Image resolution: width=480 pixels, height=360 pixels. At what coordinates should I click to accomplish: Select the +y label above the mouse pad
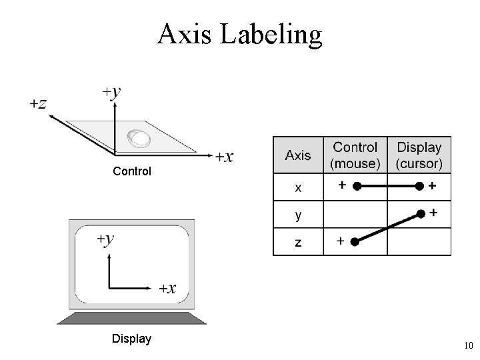(111, 91)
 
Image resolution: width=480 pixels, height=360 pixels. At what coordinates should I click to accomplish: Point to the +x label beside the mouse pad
(224, 157)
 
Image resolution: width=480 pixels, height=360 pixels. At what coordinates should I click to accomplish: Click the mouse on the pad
(139, 138)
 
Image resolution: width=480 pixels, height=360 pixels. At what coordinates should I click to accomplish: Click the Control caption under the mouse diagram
(132, 171)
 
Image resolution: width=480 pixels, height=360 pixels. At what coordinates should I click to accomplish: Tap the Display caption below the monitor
(132, 339)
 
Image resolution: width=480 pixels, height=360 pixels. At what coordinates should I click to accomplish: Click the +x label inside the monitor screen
(167, 288)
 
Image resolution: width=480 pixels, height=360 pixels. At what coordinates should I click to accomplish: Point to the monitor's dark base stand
(131, 317)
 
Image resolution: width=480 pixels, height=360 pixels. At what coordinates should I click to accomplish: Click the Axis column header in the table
(298, 155)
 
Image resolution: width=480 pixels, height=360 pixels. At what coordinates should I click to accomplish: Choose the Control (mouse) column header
(355, 155)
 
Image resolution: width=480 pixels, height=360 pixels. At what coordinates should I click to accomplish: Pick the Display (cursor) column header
(419, 155)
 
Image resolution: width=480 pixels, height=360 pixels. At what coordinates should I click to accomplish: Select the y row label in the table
(298, 215)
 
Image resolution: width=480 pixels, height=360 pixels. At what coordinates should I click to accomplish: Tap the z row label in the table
(298, 242)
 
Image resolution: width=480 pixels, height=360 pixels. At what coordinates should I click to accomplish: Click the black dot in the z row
(355, 241)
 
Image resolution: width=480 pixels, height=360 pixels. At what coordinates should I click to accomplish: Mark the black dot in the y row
(421, 213)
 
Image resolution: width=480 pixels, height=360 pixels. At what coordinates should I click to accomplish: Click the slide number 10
(467, 345)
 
